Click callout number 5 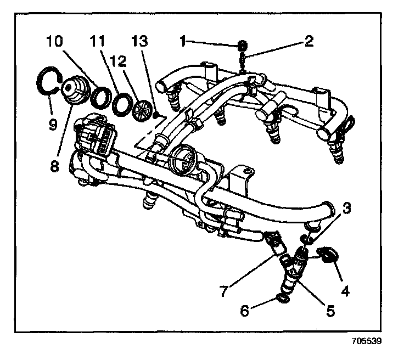coord(330,311)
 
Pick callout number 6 coord(245,311)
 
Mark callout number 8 coord(53,164)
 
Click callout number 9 coord(53,124)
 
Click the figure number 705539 coord(364,341)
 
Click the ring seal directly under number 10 coord(101,97)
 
